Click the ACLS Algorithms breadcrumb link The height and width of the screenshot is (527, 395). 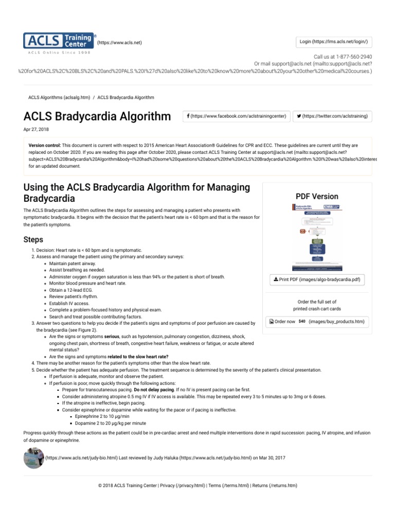(58, 97)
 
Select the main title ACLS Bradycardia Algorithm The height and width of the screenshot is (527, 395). (97, 116)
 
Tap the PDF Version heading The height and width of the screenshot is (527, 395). (316, 196)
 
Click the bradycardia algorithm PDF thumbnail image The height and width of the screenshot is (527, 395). (316, 236)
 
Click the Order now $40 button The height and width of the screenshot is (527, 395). (316, 322)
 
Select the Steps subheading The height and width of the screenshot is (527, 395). (33, 240)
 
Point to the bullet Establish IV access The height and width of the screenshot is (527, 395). (69, 303)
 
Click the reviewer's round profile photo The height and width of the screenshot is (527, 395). (34, 458)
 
